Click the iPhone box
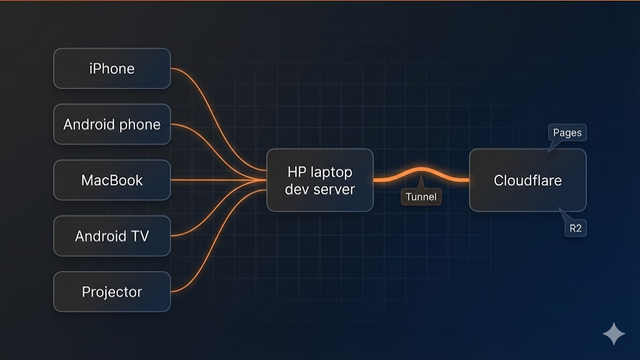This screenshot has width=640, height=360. click(112, 69)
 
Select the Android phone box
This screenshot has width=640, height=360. click(112, 124)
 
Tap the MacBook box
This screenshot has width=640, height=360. click(112, 180)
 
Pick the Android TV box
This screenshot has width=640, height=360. click(112, 236)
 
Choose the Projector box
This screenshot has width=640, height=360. click(112, 292)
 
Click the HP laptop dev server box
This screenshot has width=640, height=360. click(319, 180)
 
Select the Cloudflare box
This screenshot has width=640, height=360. click(527, 180)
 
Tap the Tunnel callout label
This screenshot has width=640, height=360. click(421, 197)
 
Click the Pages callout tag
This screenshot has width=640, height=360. click(567, 133)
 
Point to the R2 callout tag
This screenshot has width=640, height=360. click(575, 229)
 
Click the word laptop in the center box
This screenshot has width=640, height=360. click(332, 172)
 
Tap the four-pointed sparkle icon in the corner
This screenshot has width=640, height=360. click(613, 334)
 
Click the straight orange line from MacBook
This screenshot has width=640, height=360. click(212, 180)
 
